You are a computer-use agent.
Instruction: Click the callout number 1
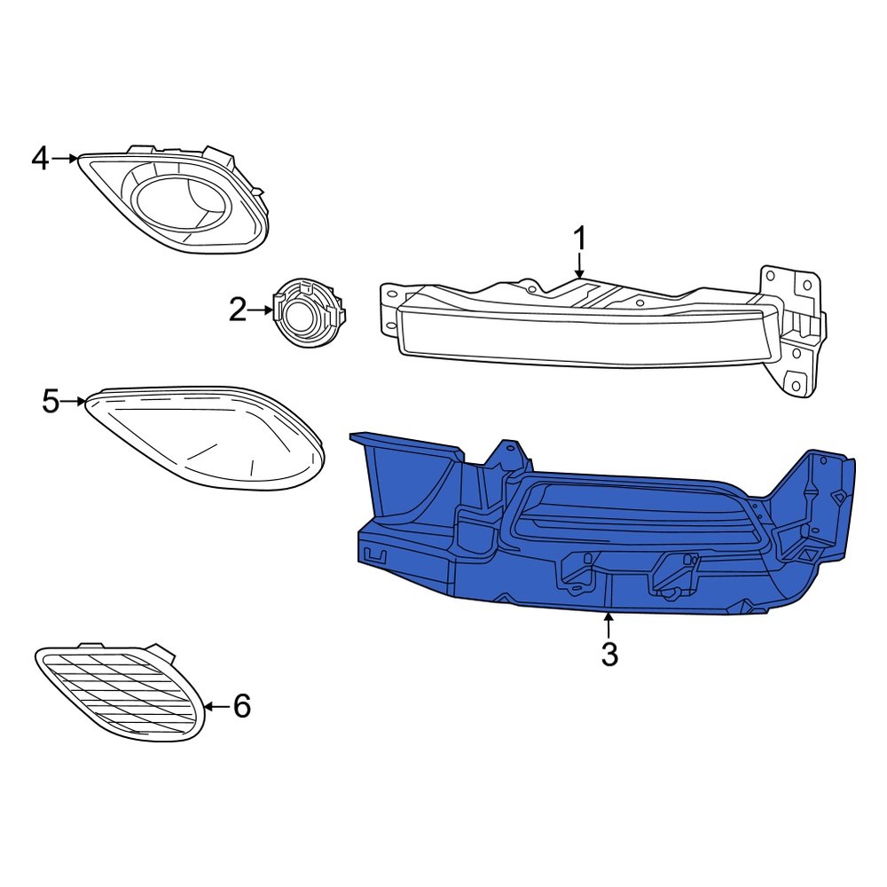(x=579, y=239)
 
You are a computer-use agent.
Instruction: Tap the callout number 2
(x=237, y=310)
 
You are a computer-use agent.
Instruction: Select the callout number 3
(x=608, y=655)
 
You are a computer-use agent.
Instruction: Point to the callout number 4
(x=40, y=159)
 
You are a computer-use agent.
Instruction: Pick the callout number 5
(x=51, y=402)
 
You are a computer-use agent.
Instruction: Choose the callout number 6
(x=242, y=707)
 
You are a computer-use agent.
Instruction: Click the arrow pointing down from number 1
(x=579, y=268)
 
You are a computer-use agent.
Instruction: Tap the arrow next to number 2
(x=262, y=310)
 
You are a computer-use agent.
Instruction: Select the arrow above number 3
(x=608, y=625)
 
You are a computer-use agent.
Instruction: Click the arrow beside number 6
(x=217, y=707)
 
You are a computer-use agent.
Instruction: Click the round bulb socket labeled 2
(x=308, y=315)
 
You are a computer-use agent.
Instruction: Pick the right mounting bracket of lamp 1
(x=794, y=328)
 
